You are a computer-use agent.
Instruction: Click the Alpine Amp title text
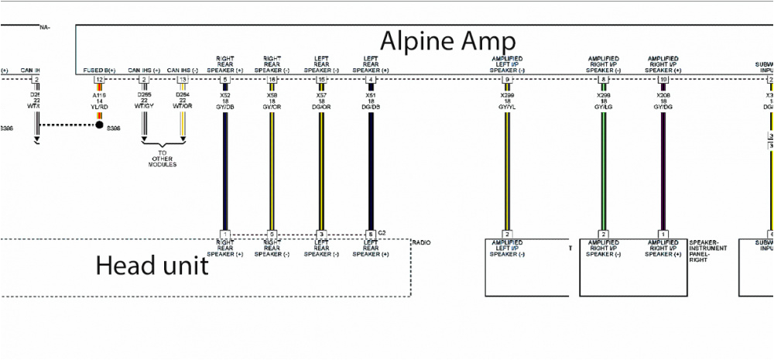[x=447, y=39]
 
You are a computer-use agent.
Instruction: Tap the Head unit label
[x=152, y=266]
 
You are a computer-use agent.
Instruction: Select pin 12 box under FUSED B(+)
[x=99, y=79]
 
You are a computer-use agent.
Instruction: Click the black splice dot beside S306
[x=99, y=125]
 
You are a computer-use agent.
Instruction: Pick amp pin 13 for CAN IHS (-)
[x=183, y=79]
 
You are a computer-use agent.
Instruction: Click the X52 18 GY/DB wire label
[x=225, y=99]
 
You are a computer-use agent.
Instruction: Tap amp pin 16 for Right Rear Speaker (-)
[x=272, y=79]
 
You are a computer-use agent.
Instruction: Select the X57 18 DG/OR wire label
[x=321, y=99]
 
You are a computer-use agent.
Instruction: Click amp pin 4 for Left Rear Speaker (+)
[x=372, y=79]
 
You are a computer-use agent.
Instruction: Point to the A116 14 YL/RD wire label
[x=99, y=99]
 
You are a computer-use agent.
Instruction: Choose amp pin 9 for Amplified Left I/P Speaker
[x=507, y=79]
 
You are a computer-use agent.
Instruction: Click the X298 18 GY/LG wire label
[x=604, y=99]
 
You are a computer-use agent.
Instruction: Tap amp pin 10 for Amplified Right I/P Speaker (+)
[x=663, y=79]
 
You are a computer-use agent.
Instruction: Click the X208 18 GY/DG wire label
[x=663, y=99]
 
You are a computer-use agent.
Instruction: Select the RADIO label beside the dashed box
[x=422, y=243]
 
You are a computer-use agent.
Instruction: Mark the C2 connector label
[x=382, y=232]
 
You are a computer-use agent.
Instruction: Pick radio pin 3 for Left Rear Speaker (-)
[x=321, y=234]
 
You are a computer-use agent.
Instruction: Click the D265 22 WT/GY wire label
[x=144, y=99]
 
